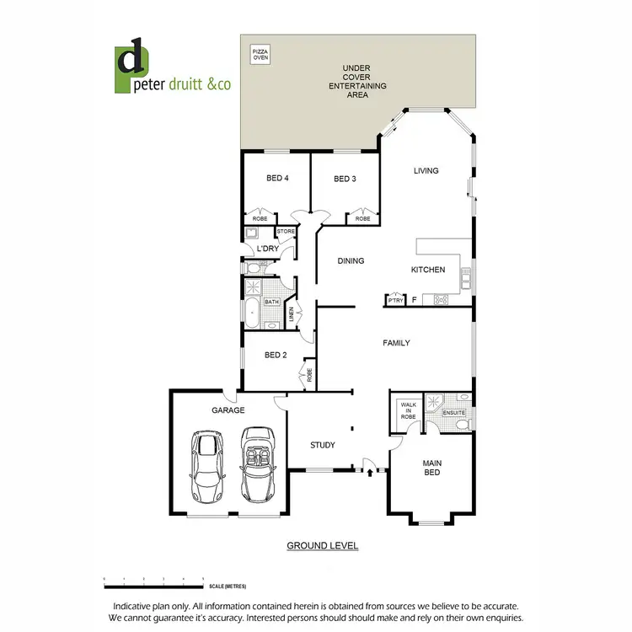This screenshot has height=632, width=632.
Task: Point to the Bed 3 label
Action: coord(344,178)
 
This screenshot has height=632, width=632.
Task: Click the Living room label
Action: coord(426,171)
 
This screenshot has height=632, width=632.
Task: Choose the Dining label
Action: coord(351,261)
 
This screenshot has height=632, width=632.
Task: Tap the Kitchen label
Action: coord(427,270)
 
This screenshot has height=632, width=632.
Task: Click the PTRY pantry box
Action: coord(395,300)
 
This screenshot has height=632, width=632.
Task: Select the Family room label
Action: coord(396,343)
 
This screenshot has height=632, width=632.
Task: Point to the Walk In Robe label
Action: coord(409,410)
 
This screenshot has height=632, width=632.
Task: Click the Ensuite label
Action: coord(454,413)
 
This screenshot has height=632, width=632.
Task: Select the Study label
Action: coord(322,445)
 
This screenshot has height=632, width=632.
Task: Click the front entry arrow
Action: coord(372,474)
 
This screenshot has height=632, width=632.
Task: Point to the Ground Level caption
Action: coord(323,546)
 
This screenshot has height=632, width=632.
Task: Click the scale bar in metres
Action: coord(153,581)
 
